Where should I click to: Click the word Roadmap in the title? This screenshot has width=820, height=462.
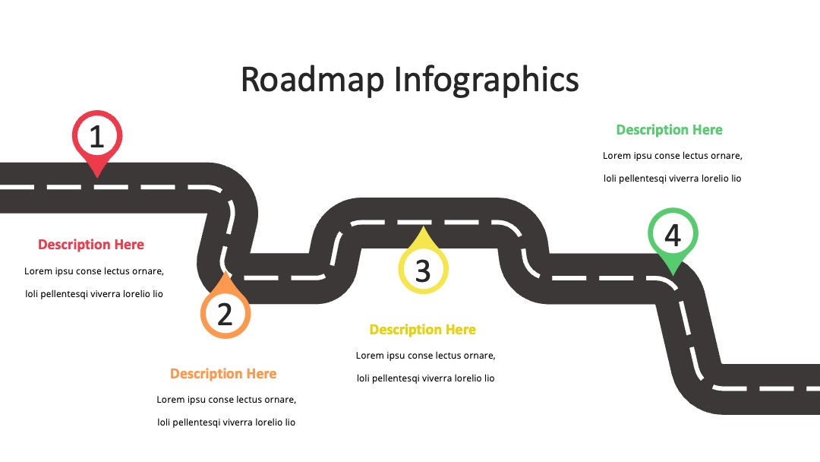[x=312, y=80]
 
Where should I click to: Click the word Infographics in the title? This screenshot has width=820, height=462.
[x=486, y=80]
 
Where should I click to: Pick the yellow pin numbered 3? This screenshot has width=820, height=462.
[x=423, y=261]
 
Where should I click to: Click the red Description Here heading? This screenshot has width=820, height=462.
[x=91, y=245]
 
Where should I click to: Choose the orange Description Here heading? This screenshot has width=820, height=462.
[x=223, y=374]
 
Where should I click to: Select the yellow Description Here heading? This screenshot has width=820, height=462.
[x=423, y=330]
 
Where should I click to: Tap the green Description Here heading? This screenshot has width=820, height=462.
[x=670, y=130]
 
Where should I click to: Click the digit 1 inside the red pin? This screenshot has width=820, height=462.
[x=96, y=136]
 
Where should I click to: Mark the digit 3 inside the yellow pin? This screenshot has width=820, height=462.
[x=423, y=271]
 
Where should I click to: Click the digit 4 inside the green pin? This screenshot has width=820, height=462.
[x=673, y=235]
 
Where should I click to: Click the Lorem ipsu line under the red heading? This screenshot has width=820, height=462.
[x=94, y=271]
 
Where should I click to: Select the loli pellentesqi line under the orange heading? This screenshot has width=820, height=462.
[x=226, y=422]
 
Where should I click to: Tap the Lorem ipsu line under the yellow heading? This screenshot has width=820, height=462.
[x=426, y=356]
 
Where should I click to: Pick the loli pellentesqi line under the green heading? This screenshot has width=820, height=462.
[x=673, y=179]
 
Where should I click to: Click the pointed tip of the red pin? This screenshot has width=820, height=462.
[x=97, y=178]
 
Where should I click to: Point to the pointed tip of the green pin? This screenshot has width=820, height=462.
[x=673, y=275]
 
